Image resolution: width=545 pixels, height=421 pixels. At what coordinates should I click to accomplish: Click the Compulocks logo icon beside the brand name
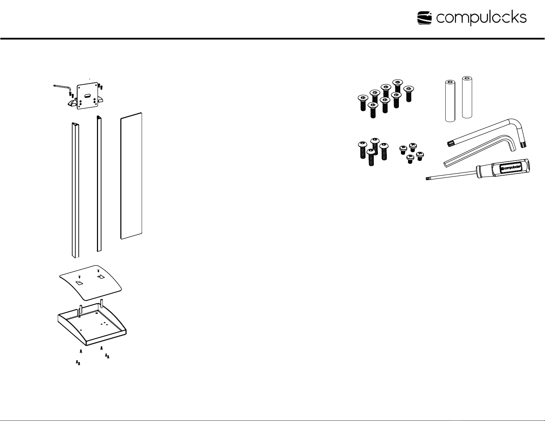point(425,18)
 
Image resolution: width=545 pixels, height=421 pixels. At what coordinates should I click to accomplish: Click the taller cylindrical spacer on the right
point(467,97)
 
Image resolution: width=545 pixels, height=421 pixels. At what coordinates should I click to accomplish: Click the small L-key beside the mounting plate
point(62,87)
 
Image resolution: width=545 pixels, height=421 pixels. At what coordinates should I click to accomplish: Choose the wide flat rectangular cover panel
point(131,175)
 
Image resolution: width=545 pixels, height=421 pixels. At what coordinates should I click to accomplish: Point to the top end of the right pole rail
point(99,117)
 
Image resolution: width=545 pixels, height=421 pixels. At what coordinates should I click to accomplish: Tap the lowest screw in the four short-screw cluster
point(410,159)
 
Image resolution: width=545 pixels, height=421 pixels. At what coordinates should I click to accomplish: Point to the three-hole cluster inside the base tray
point(105,323)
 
